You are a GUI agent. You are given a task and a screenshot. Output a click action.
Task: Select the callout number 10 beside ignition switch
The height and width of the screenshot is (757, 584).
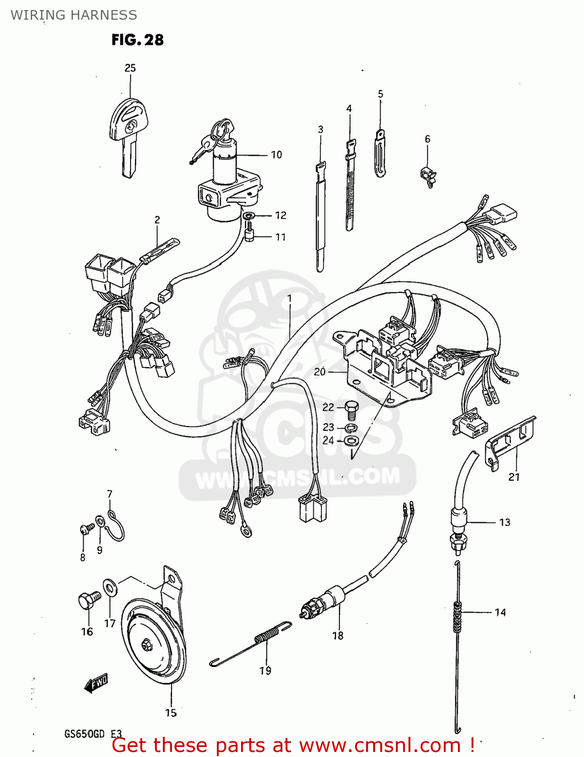coord(276,155)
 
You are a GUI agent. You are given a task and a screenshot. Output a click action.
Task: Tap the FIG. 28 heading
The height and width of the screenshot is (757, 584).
coord(137,40)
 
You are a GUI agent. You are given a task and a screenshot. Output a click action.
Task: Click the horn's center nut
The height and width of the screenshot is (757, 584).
coord(146,644)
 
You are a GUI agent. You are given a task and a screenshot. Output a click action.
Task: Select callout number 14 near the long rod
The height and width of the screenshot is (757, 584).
coord(500,612)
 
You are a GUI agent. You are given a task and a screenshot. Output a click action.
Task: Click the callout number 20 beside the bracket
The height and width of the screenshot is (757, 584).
coord(320,372)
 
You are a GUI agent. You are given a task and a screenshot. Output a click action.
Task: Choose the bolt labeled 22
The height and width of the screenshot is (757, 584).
coord(353,408)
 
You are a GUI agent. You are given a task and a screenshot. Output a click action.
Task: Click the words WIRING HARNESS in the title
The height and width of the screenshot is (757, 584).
coord(74,15)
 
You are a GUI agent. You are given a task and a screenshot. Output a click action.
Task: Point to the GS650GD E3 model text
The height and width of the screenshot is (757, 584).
coord(92,734)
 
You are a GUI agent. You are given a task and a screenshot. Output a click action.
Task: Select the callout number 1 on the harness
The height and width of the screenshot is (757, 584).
coord(289,298)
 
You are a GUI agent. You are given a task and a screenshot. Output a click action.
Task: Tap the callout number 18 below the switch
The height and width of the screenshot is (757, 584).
coord(337,635)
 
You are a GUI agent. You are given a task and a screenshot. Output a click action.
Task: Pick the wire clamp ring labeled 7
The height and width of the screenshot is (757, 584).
coord(116,525)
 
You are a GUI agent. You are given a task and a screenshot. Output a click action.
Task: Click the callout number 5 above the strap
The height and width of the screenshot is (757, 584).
coord(380,94)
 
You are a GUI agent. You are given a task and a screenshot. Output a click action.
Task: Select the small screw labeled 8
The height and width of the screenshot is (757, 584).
coord(86,529)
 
